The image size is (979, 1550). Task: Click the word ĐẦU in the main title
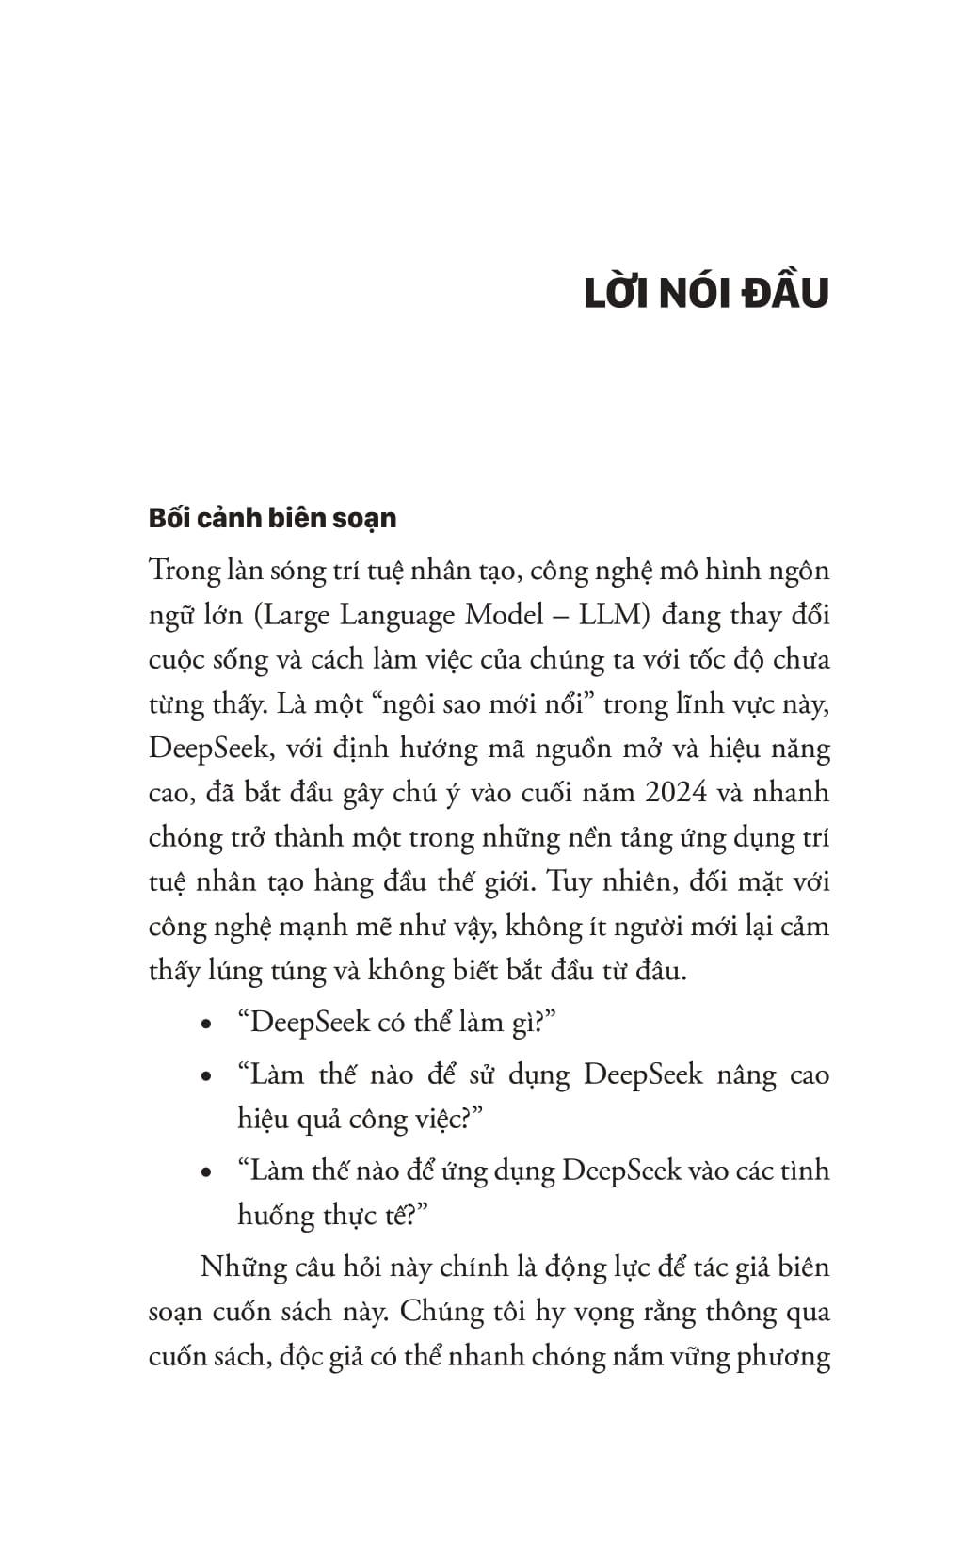785,294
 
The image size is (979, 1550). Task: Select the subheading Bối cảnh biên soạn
273,518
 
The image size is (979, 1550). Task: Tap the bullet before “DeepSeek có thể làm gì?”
206,1025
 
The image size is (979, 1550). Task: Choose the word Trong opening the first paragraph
185,571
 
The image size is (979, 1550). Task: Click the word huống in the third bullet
274,1217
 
